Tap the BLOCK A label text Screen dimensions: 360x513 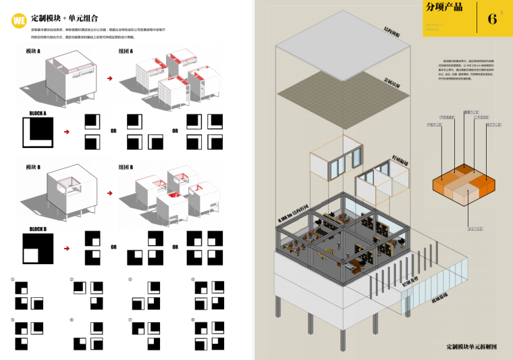coord(38,113)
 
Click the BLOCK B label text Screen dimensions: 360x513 coord(38,229)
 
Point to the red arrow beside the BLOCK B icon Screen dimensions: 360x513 coord(65,248)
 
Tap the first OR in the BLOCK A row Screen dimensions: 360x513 coord(113,130)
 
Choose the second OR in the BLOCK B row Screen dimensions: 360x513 coord(175,247)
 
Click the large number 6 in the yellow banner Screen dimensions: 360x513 coord(492,19)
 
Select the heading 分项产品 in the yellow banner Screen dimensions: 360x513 coord(444,9)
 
